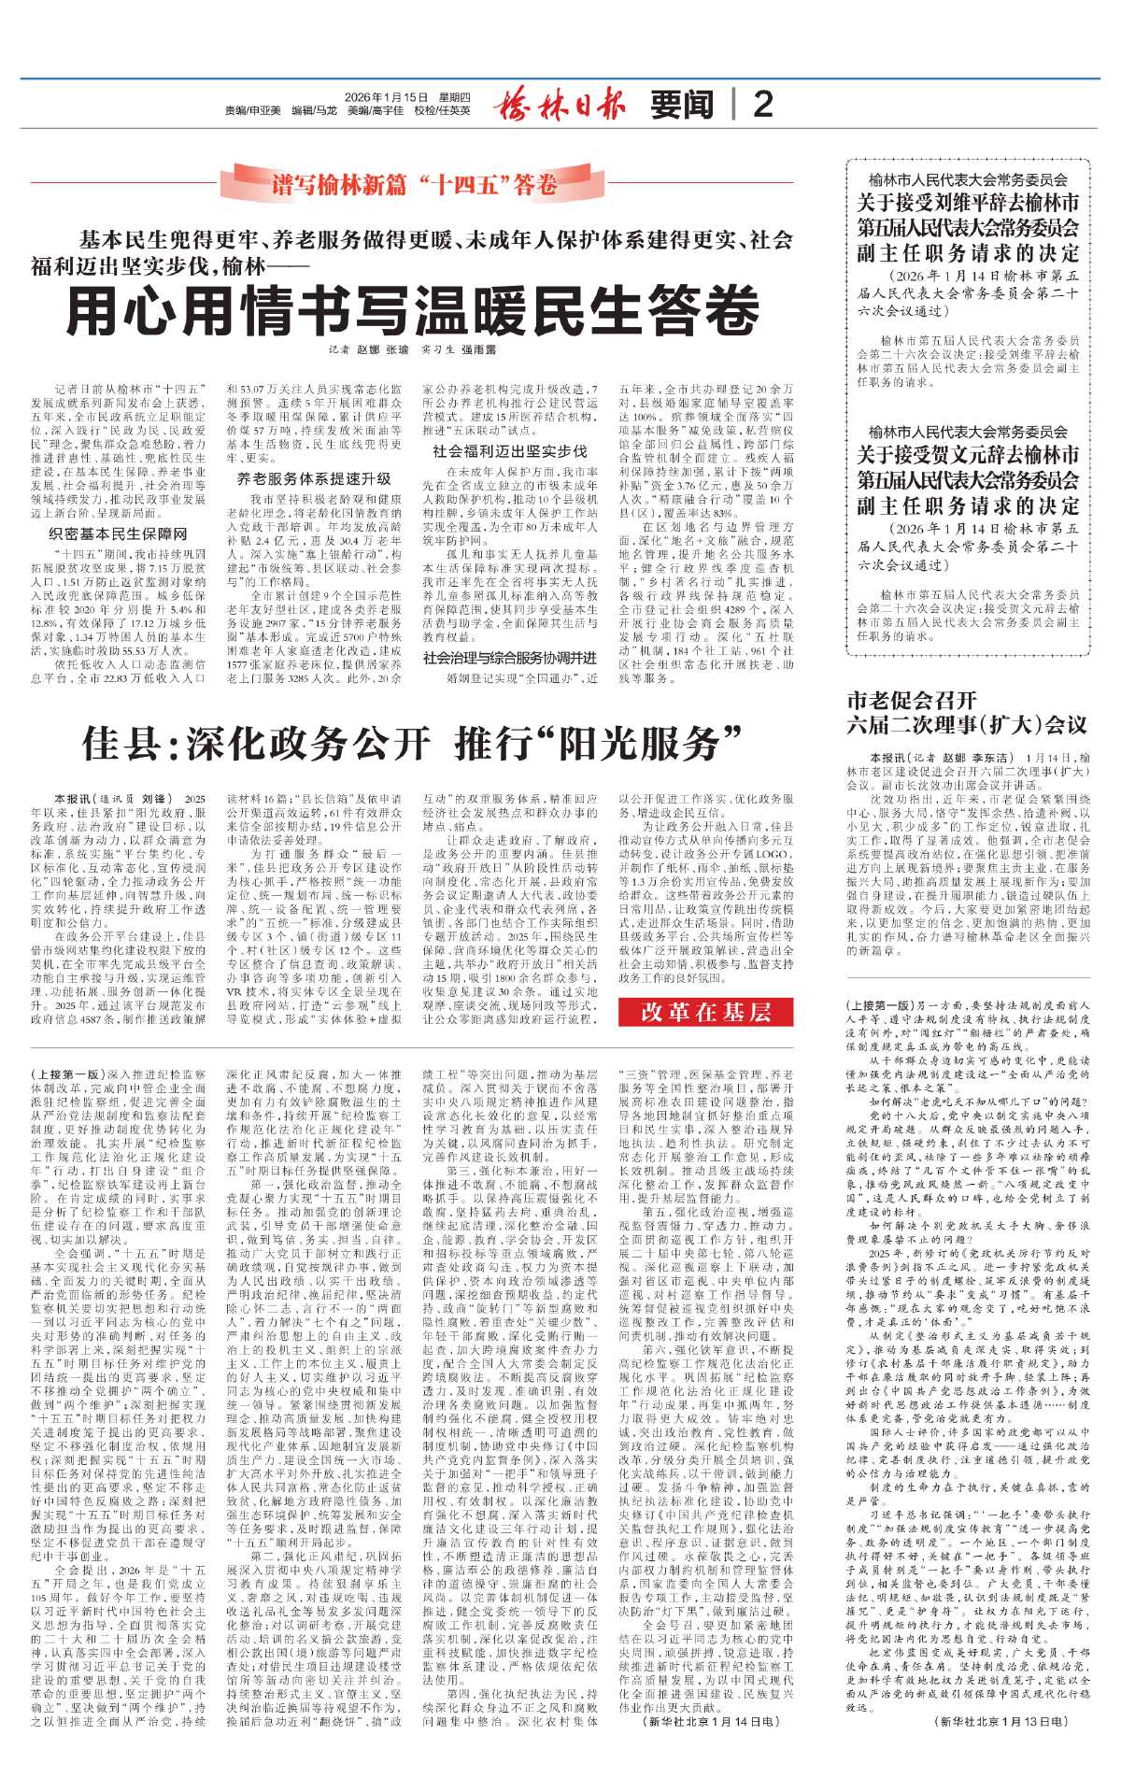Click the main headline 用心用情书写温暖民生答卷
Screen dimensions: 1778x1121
412,310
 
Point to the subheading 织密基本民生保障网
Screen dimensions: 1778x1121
118,533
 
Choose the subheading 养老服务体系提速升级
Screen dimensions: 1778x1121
314,478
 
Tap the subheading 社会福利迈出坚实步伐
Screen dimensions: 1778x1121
510,450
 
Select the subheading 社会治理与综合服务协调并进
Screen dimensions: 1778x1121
510,658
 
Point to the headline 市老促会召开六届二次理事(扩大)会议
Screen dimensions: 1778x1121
967,712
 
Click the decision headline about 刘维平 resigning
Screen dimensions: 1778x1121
968,227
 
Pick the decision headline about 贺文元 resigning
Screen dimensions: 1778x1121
968,480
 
